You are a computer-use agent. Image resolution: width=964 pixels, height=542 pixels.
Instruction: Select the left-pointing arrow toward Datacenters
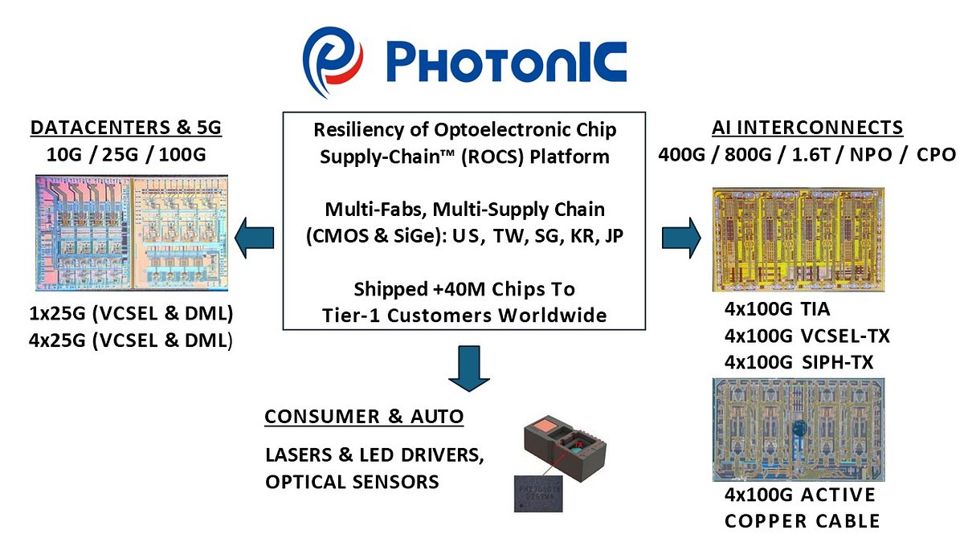point(253,238)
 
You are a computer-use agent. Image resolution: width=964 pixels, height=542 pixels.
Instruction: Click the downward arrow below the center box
point(466,365)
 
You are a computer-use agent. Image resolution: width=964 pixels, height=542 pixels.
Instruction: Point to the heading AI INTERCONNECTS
point(807,127)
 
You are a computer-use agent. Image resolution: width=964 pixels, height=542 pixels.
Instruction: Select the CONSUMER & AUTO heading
point(364,417)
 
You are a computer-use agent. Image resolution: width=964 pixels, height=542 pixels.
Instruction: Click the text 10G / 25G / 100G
point(125,154)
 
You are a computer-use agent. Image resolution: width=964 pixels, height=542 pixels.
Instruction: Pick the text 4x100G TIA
point(777,309)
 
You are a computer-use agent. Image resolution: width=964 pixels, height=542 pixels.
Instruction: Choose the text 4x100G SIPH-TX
point(799,362)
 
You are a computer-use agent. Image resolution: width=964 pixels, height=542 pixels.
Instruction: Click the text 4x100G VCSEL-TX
point(807,336)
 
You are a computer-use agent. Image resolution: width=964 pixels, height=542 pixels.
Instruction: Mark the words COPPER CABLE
point(802,521)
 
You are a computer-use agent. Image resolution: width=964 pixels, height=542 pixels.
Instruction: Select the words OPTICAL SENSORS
point(352,482)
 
